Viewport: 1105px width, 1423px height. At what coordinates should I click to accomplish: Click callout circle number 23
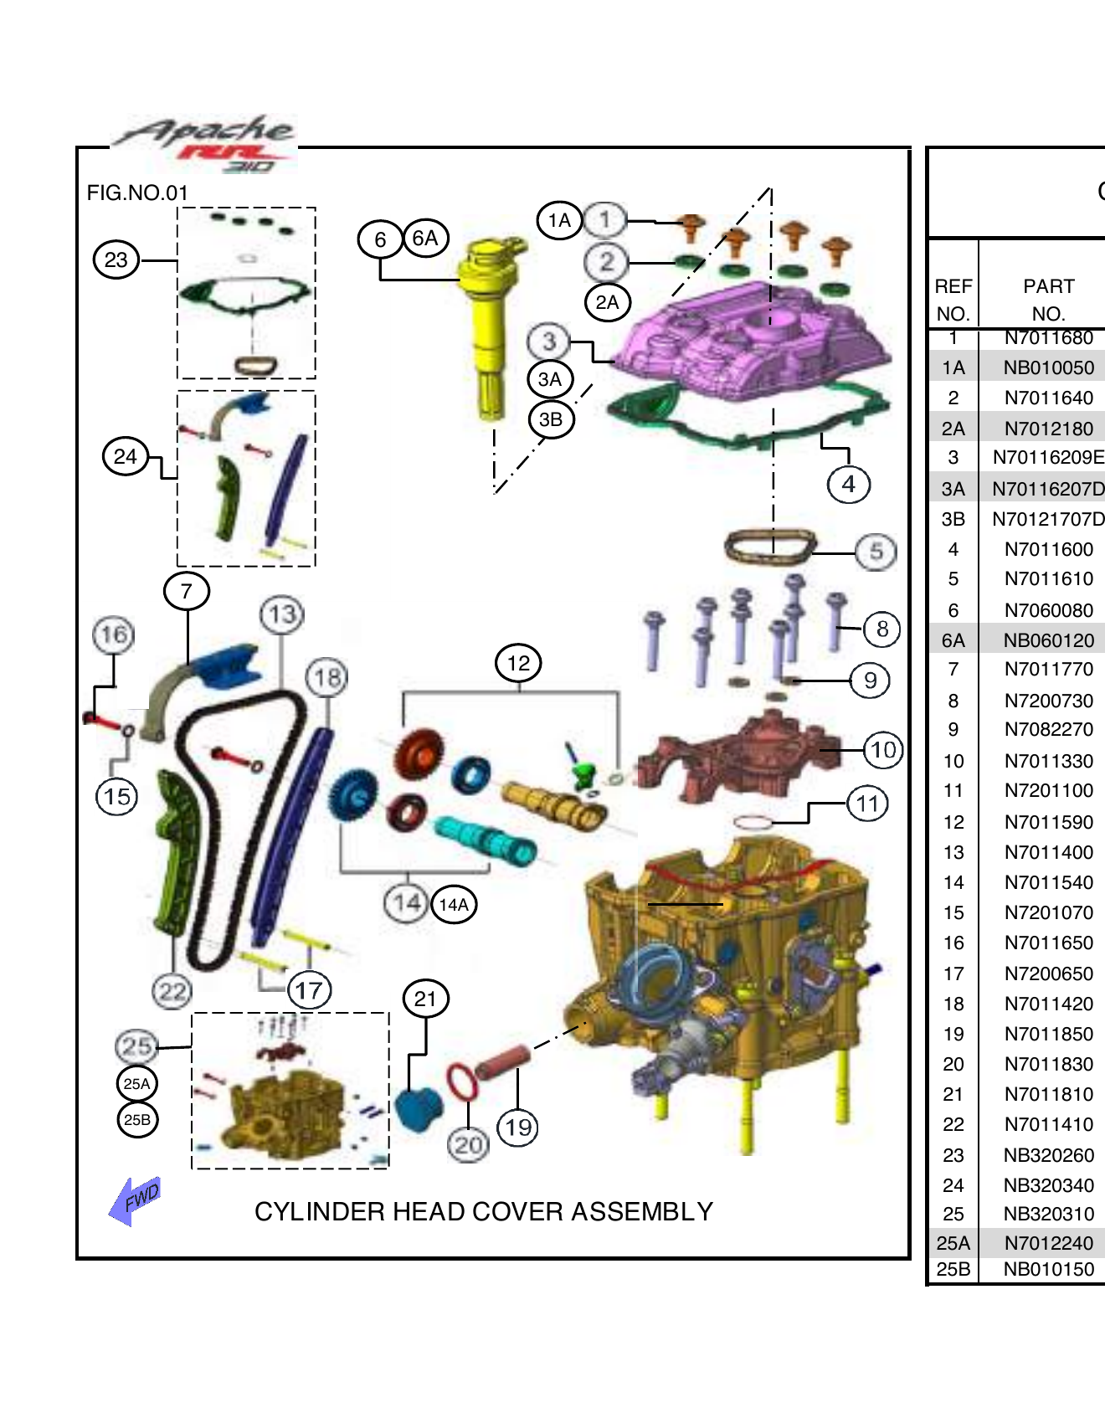pos(116,259)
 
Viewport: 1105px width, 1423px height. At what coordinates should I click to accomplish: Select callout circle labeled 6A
pos(425,239)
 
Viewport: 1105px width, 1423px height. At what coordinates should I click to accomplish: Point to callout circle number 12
pos(518,664)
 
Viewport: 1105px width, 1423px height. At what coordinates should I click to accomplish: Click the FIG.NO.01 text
pos(137,193)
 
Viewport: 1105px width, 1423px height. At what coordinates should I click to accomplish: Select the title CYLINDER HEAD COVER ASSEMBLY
pos(484,1211)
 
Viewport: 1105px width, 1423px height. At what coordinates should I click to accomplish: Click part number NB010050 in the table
pos(1048,368)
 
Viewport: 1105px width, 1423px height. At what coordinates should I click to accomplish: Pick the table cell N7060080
pos(1048,610)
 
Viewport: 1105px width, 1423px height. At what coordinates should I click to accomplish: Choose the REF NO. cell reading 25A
pos(953,1243)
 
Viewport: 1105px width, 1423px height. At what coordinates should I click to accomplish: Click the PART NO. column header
pos(1048,300)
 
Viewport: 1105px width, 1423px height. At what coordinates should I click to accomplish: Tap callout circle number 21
pos(425,999)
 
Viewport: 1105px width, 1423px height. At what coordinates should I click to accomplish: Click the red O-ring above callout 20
pos(462,1081)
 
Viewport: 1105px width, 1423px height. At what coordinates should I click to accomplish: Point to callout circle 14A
pos(454,905)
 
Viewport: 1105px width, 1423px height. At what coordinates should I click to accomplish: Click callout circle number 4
pos(848,484)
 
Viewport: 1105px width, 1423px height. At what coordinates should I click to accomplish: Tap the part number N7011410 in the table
pos(1048,1124)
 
